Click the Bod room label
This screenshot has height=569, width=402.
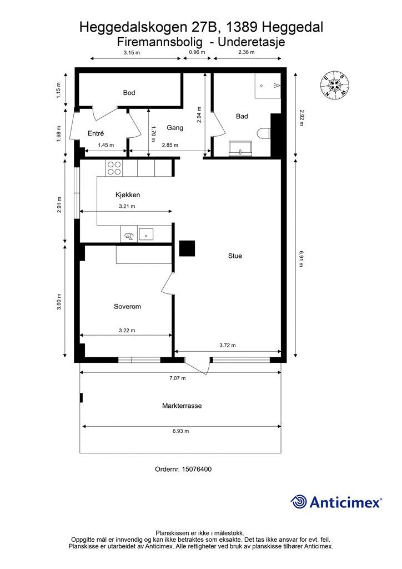pyautogui.click(x=129, y=93)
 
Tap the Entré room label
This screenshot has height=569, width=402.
pyautogui.click(x=96, y=133)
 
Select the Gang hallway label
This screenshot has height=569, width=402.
pyautogui.click(x=175, y=128)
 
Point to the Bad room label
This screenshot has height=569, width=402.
pyautogui.click(x=242, y=116)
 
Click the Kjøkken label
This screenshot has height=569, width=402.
pyautogui.click(x=128, y=195)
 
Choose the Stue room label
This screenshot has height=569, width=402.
pyautogui.click(x=235, y=256)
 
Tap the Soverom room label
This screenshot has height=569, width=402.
pyautogui.click(x=127, y=307)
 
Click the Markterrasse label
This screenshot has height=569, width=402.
pyautogui.click(x=182, y=406)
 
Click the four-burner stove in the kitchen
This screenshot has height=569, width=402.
pyautogui.click(x=114, y=168)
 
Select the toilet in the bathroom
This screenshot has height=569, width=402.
pyautogui.click(x=264, y=133)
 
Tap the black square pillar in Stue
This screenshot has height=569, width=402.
pyautogui.click(x=187, y=248)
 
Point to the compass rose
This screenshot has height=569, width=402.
pyautogui.click(x=335, y=85)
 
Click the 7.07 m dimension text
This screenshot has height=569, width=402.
pyautogui.click(x=178, y=378)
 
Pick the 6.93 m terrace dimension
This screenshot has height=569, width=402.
pyautogui.click(x=180, y=431)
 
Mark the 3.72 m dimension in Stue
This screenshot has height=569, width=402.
pyautogui.click(x=228, y=345)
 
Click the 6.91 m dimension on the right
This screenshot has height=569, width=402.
pyautogui.click(x=300, y=258)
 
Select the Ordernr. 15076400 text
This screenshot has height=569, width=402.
pyautogui.click(x=183, y=469)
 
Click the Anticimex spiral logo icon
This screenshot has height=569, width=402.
pyautogui.click(x=298, y=502)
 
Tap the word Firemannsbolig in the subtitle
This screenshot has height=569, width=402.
pyautogui.click(x=159, y=42)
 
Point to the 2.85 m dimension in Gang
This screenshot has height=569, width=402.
pyautogui.click(x=170, y=145)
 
